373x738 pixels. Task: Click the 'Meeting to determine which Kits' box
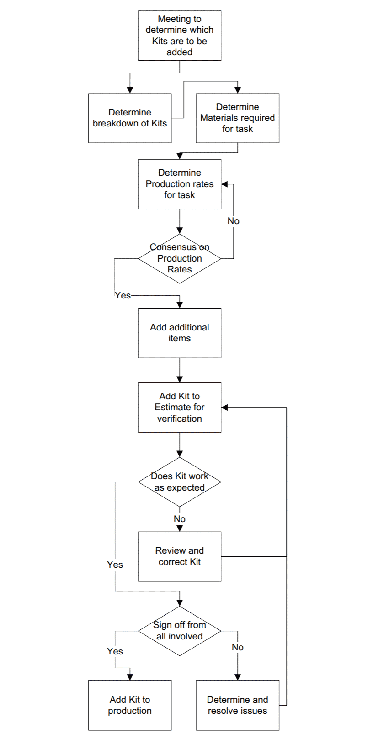(180, 36)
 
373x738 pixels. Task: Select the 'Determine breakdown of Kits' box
(130, 118)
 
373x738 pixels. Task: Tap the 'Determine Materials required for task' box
(238, 118)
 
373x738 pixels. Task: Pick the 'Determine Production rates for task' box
(180, 184)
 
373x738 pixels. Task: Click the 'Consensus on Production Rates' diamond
(180, 259)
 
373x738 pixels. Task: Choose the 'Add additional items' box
(180, 333)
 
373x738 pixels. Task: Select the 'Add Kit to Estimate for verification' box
(180, 408)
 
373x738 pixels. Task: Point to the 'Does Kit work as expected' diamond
(180, 482)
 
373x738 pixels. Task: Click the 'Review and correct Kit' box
(180, 556)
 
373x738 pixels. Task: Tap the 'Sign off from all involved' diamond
(180, 631)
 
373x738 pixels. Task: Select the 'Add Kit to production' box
(130, 706)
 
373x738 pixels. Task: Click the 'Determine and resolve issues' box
(238, 706)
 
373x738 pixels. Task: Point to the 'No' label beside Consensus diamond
(234, 221)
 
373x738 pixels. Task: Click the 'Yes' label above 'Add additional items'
(123, 296)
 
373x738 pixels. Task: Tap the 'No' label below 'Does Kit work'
(180, 519)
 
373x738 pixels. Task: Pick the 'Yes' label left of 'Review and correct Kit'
(115, 565)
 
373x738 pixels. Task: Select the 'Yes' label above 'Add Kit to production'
(115, 651)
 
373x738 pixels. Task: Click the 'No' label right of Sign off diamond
(238, 647)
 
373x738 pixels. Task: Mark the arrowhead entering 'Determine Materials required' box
(238, 90)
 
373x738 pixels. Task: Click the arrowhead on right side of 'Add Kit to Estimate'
(224, 408)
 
